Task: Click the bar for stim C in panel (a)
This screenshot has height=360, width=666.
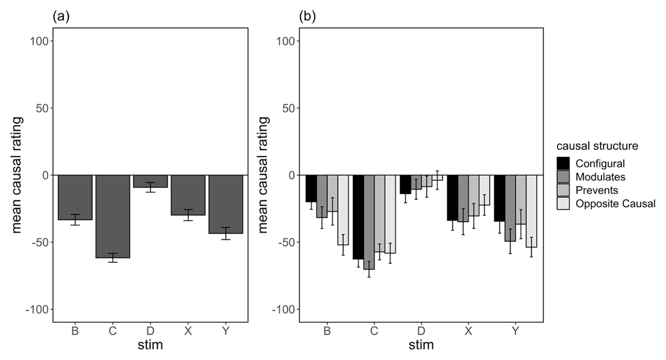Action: (x=113, y=216)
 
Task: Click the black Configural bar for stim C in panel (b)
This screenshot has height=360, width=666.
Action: (x=358, y=216)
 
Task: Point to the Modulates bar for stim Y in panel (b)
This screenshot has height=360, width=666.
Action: (x=510, y=208)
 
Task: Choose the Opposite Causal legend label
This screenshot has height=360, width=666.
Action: (x=615, y=204)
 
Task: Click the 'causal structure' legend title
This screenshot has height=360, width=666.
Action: (x=597, y=146)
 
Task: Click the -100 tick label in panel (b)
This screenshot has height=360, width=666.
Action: (x=284, y=309)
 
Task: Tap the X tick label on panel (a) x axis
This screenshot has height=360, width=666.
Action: (x=188, y=332)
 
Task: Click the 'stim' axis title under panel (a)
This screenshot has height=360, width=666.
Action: (x=150, y=346)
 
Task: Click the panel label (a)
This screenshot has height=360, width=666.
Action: (x=60, y=17)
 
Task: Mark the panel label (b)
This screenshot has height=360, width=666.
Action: (x=307, y=17)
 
